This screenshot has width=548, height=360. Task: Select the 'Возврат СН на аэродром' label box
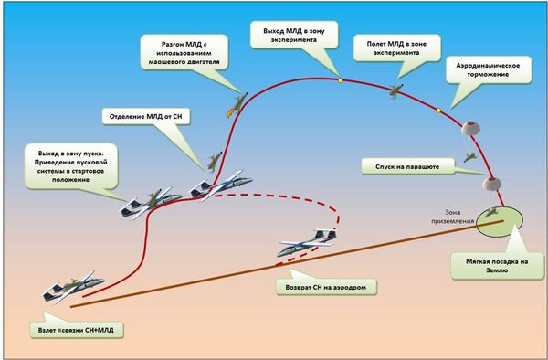(326, 285)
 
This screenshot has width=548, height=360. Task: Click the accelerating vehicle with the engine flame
(236, 101)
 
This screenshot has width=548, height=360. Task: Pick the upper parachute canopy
(470, 129)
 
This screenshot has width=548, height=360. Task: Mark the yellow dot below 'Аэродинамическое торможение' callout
(437, 111)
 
